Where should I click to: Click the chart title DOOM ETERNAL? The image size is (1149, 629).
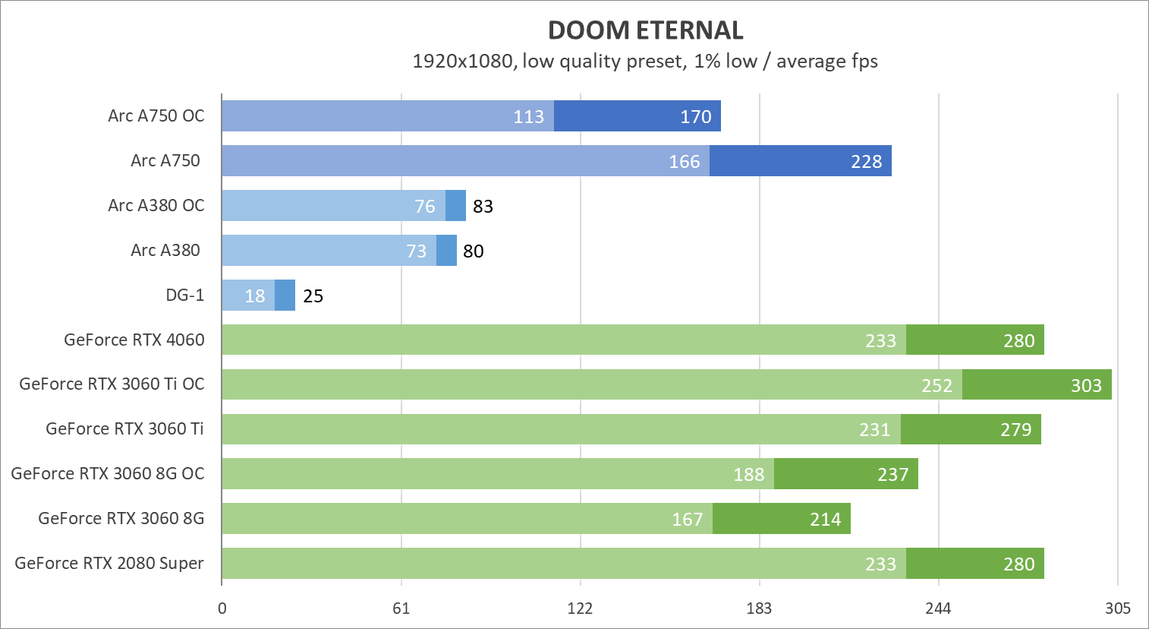(x=645, y=30)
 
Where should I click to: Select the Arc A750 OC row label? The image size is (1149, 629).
(x=156, y=116)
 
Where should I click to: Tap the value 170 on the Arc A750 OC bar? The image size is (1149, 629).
(x=695, y=117)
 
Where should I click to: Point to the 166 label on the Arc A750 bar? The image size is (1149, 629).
(x=684, y=162)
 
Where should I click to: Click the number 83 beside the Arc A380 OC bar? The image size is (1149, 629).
(x=483, y=207)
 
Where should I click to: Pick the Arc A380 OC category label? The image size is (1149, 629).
(x=156, y=206)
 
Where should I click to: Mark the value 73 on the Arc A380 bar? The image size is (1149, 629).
(x=416, y=251)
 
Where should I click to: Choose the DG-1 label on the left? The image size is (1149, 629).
(x=184, y=296)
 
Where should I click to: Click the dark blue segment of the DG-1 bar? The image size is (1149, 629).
(x=285, y=296)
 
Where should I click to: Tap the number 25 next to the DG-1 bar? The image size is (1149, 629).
(x=313, y=296)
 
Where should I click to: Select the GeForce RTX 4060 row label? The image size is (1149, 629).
(x=134, y=340)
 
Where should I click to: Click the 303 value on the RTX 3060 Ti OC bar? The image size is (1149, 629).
(x=1085, y=386)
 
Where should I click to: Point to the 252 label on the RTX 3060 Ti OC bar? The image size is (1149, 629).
(x=937, y=386)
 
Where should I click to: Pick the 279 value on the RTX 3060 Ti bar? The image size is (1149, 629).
(x=1015, y=431)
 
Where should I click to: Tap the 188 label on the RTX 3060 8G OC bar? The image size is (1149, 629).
(x=748, y=475)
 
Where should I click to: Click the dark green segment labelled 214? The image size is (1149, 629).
(x=782, y=520)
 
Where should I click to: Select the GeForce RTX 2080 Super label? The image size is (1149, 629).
(x=109, y=564)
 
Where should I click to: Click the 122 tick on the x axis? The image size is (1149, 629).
(x=581, y=608)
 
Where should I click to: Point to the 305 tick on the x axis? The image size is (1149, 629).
(x=1117, y=608)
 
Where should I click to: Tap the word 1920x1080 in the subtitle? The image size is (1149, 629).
(x=462, y=62)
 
